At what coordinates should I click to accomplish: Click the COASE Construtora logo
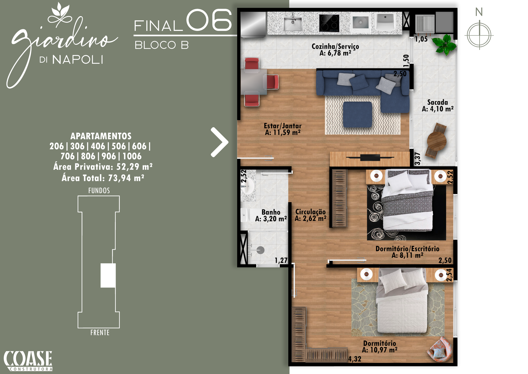28,361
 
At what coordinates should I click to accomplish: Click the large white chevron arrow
219,142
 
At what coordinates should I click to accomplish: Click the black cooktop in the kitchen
329,23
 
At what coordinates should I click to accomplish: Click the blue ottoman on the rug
358,115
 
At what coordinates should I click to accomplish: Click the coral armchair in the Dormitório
440,350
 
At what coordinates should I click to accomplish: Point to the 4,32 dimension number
355,359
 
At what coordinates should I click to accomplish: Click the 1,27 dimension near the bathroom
281,260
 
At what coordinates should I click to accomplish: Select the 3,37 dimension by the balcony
418,158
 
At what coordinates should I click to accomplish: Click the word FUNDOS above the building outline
99,191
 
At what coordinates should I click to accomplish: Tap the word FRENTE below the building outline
100,333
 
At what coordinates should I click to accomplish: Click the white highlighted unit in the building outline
108,275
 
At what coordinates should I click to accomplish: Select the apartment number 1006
132,156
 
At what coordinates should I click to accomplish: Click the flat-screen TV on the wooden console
370,157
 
